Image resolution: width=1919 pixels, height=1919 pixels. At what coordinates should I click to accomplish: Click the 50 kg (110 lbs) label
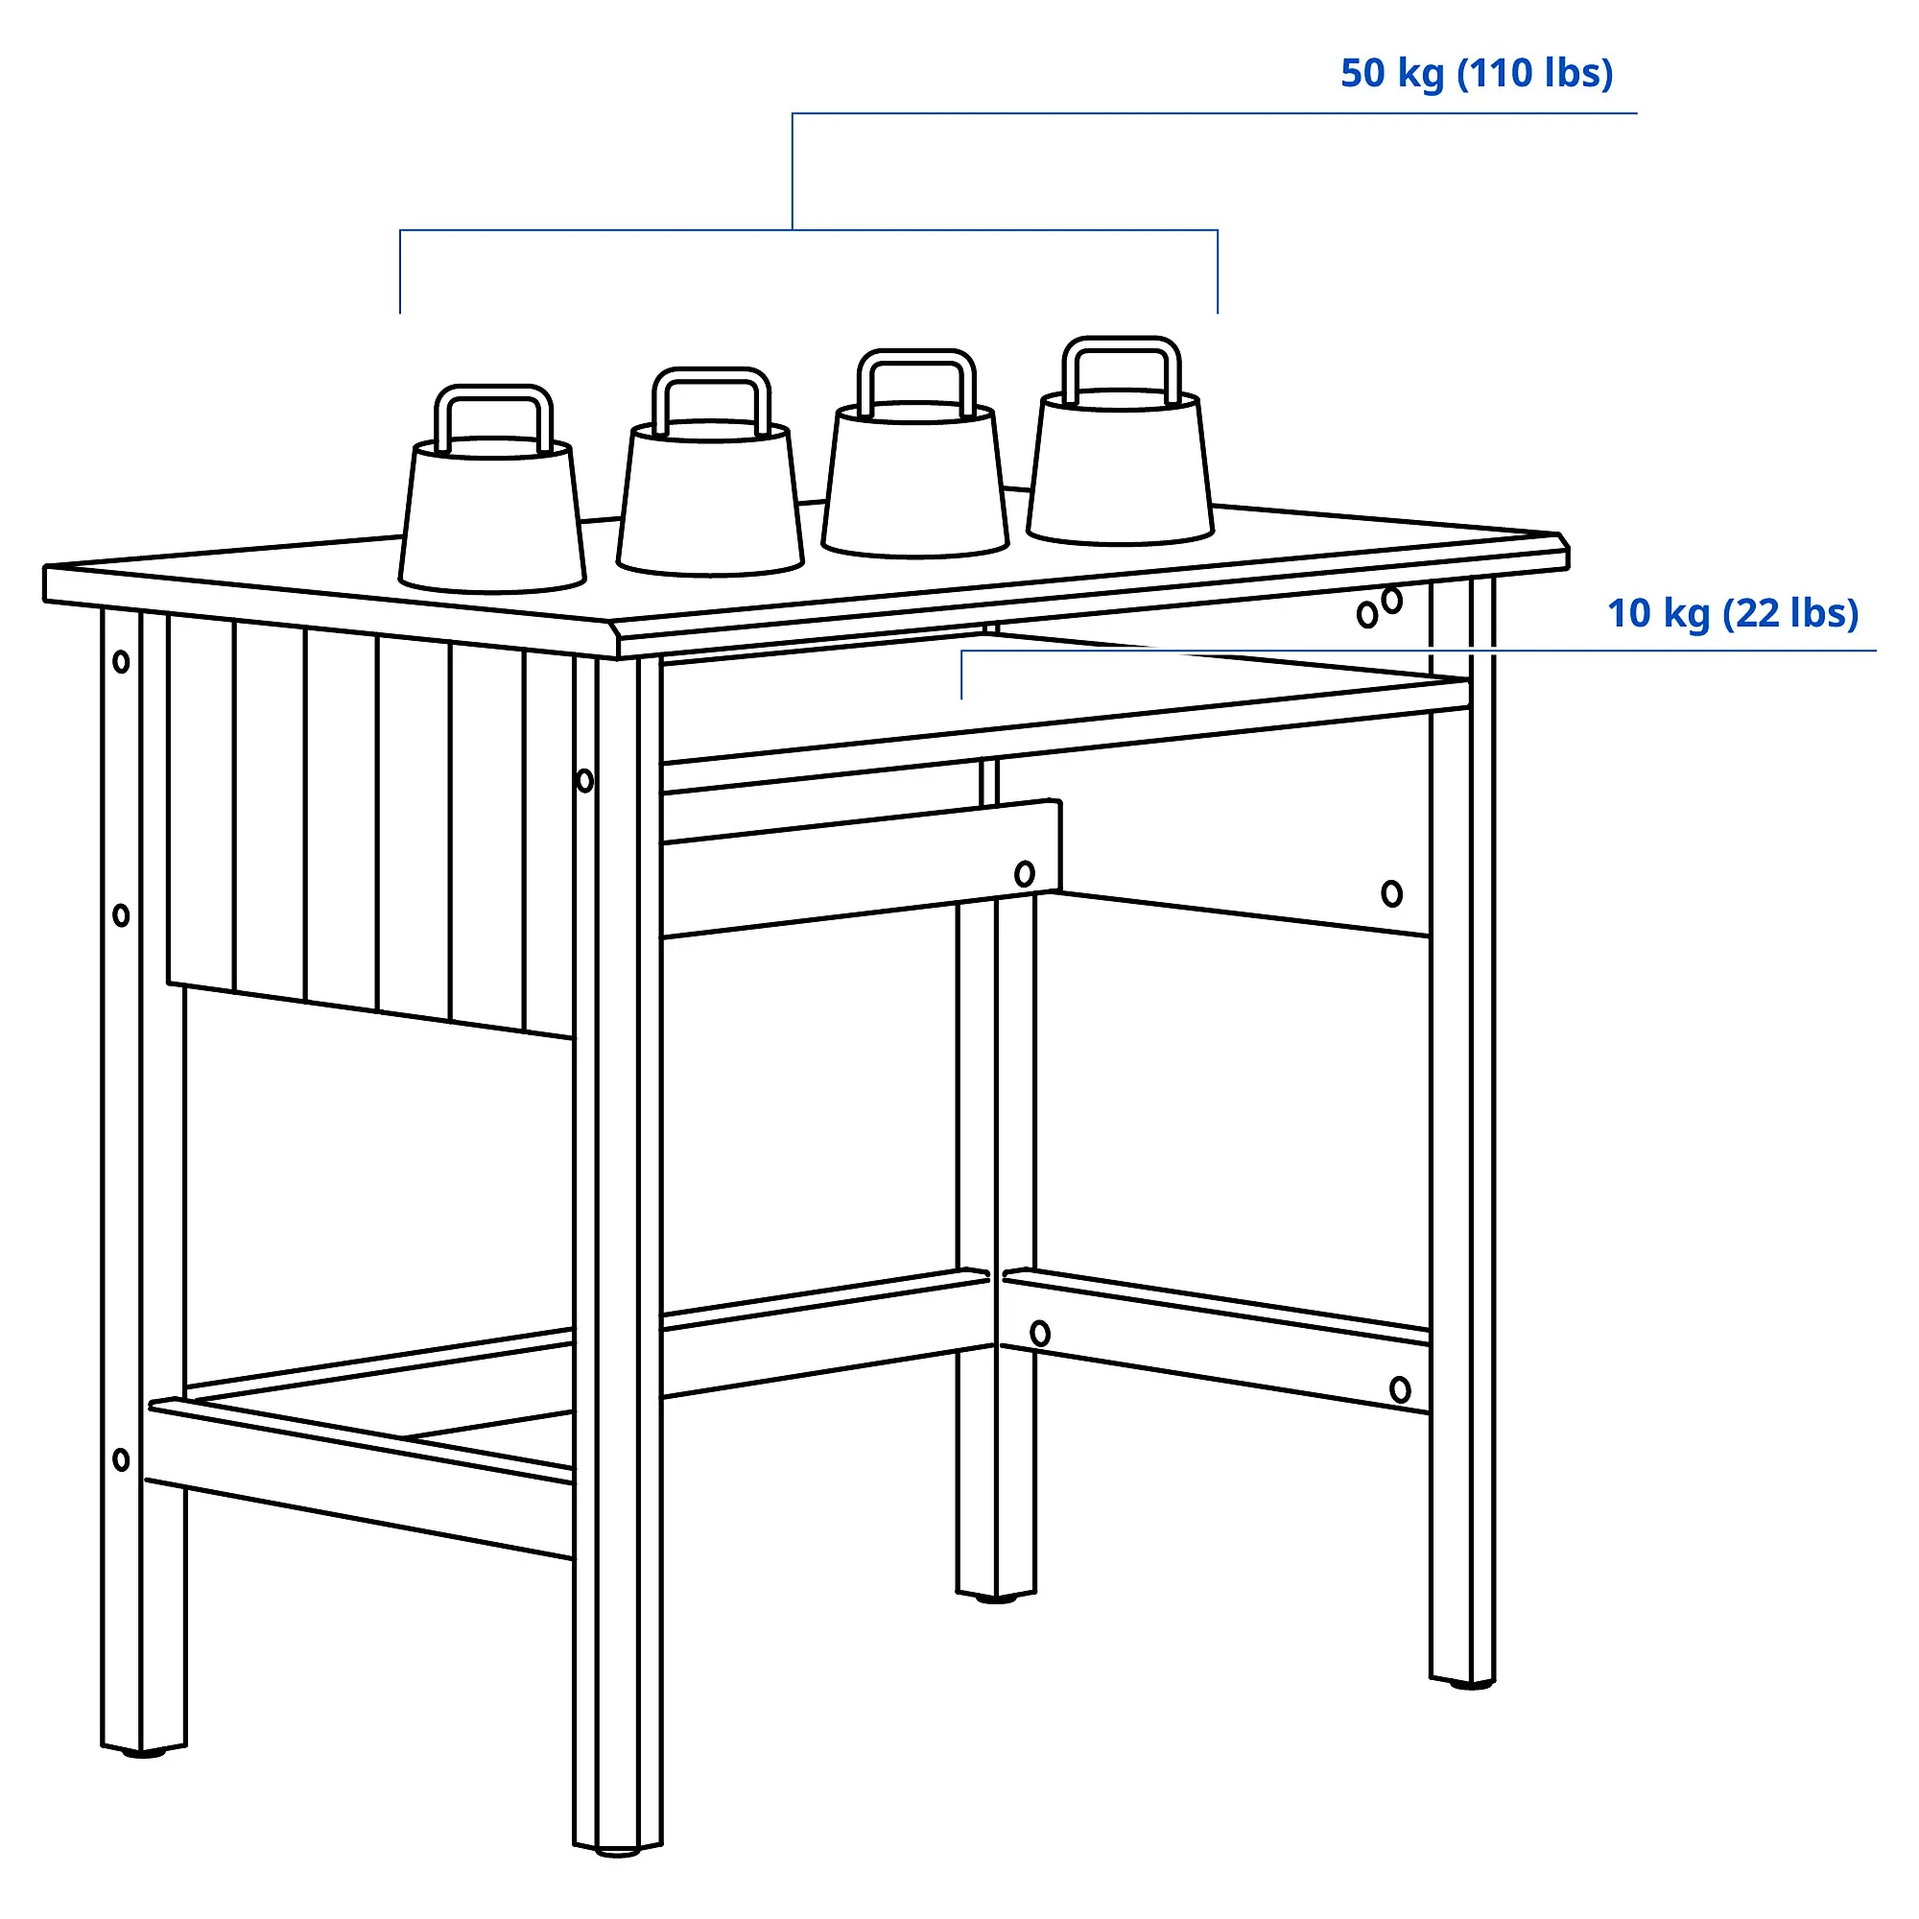[x=1476, y=74]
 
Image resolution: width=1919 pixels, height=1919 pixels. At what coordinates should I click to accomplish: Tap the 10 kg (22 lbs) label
[x=1732, y=614]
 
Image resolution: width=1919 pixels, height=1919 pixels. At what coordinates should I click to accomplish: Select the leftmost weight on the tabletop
[x=492, y=489]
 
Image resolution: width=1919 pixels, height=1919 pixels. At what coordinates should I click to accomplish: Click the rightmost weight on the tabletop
[x=1121, y=441]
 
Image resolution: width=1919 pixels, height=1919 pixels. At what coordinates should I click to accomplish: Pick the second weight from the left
[x=709, y=472]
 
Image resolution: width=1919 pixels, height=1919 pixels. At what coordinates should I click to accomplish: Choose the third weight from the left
[x=914, y=453]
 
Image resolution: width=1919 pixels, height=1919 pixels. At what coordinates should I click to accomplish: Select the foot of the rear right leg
[x=1463, y=1683]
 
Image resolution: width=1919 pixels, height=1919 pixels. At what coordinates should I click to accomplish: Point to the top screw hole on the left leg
[x=121, y=661]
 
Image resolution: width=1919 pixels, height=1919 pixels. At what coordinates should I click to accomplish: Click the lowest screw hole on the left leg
[x=121, y=1460]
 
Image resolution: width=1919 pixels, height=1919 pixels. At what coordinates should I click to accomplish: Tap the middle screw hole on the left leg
[x=121, y=914]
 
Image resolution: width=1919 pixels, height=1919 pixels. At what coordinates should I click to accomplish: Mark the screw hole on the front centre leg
[x=585, y=781]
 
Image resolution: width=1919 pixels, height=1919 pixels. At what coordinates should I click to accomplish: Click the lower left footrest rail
[x=361, y=1481]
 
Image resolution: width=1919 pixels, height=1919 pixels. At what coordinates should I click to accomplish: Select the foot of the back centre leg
[x=995, y=1599]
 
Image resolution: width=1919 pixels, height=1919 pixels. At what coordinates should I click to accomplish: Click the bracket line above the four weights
[x=809, y=230]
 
